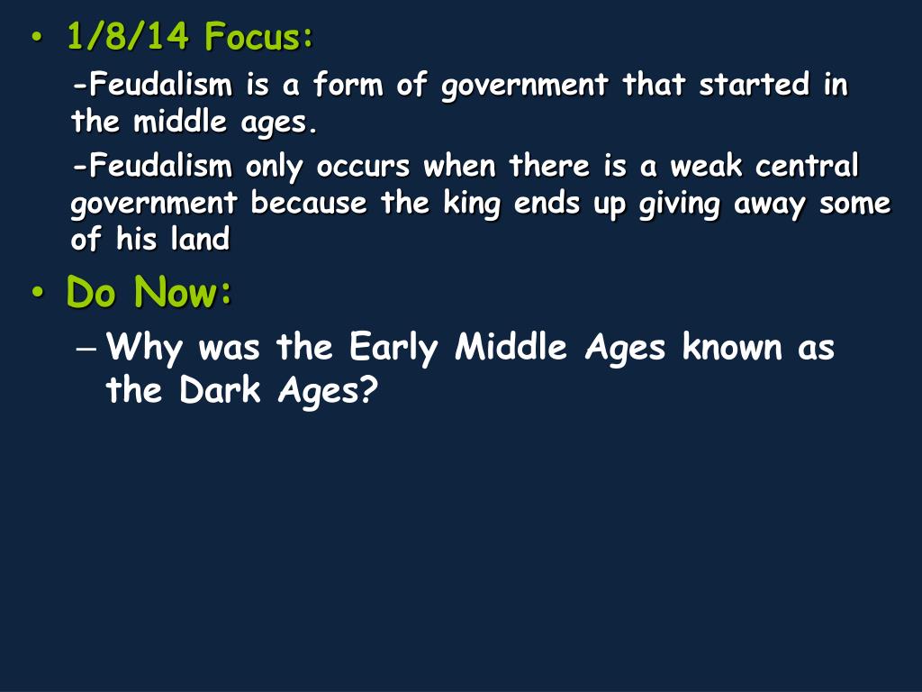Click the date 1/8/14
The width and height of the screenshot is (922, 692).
(127, 38)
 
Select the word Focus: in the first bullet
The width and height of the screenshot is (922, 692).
(259, 38)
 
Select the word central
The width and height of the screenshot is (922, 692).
(808, 168)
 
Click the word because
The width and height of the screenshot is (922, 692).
(308, 205)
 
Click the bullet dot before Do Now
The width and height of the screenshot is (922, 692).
(37, 295)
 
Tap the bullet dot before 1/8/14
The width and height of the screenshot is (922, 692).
(37, 40)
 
